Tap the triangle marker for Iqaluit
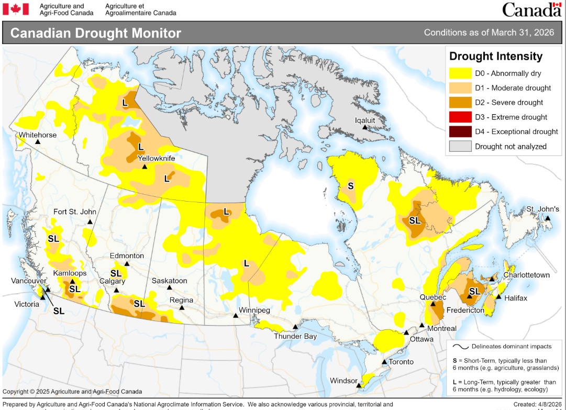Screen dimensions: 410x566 pos(365,127)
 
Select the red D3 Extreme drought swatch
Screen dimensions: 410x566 pos(459,117)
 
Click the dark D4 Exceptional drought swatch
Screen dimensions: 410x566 pos(459,131)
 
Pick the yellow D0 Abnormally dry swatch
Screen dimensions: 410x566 pos(459,73)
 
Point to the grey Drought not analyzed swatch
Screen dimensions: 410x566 pos(459,146)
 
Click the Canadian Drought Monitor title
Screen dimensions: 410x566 pos(96,33)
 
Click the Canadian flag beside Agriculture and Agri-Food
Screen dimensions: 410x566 pos(19,9)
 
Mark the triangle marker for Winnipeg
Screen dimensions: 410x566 pos(235,315)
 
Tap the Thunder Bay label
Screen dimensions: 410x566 pos(295,336)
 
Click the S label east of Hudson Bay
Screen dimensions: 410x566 pos(350,185)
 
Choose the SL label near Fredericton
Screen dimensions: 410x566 pos(474,291)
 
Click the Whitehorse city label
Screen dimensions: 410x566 pos(38,135)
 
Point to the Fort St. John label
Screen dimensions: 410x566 pos(75,212)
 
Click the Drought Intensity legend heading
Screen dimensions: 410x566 pos(495,56)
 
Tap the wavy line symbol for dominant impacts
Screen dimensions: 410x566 pos(460,346)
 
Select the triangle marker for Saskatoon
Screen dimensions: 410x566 pos(169,287)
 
